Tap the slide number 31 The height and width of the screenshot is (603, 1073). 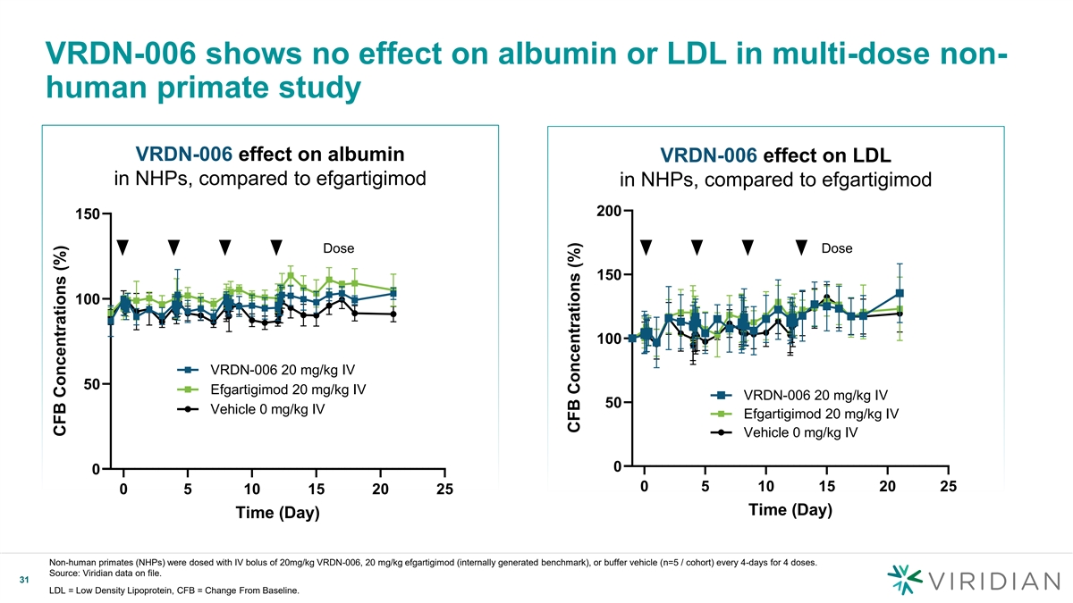click(25, 582)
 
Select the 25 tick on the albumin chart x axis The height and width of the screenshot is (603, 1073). click(444, 490)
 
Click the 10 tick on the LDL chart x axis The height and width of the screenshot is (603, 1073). click(765, 487)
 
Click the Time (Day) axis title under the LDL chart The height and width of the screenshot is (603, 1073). click(790, 510)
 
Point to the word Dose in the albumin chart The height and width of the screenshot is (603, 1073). click(338, 247)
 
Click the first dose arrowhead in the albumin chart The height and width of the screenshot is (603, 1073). click(123, 247)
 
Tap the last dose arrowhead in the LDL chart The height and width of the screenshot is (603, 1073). click(801, 247)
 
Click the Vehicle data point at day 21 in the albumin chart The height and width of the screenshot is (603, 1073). click(393, 314)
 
